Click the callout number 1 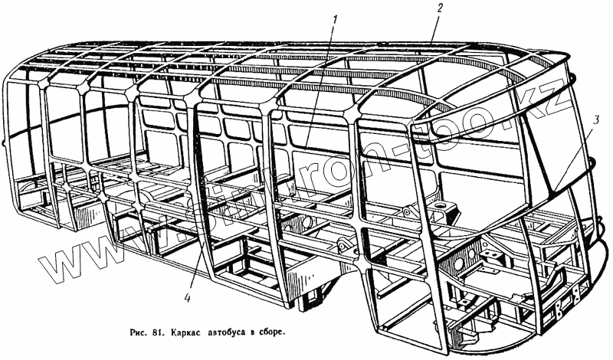[334, 19]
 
